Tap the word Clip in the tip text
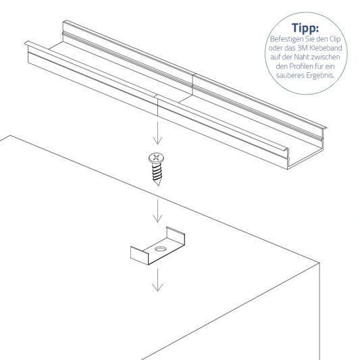click(336, 41)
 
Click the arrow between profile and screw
click(157, 132)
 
